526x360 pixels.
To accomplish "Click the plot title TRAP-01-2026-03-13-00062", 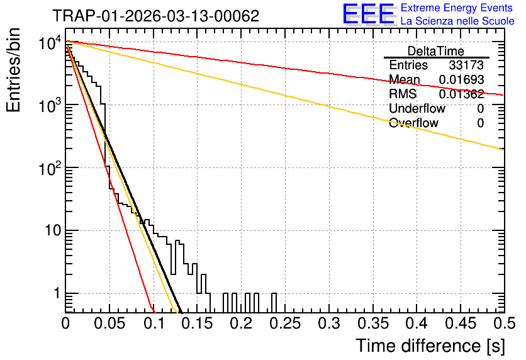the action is (156, 16).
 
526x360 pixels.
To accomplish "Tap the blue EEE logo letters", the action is (368, 14).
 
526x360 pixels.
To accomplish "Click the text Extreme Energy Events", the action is (457, 8).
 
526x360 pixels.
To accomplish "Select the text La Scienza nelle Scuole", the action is (457, 21).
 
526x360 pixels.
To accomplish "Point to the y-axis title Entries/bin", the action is (13, 70).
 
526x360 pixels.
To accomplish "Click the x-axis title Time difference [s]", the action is (430, 346).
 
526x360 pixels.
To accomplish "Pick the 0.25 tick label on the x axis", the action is (285, 323).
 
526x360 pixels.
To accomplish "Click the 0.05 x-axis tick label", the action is (109, 323).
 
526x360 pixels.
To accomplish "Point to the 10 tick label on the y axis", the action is (53, 231).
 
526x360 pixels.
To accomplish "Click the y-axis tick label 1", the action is (57, 293).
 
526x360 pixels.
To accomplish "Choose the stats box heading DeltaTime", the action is (436, 51).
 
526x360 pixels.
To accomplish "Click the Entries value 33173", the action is (466, 65).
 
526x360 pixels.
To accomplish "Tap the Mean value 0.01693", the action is (462, 79).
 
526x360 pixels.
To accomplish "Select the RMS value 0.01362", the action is (462, 94).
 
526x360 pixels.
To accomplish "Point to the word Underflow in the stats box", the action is (417, 108).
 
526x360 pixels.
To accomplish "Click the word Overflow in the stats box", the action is (413, 123).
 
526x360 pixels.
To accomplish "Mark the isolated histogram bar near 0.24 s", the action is (274, 303).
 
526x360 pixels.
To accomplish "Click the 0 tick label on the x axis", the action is (65, 323).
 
